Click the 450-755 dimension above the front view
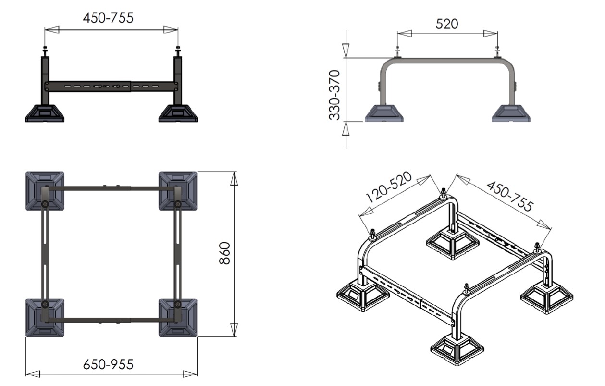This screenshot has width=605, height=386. (108, 18)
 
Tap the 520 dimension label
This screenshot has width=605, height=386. (447, 24)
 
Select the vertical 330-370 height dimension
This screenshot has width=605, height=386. (334, 95)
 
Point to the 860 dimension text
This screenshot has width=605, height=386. (224, 253)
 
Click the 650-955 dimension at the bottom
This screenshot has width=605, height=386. (108, 364)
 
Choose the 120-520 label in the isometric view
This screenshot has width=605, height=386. (389, 187)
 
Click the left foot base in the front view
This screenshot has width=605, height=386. (45, 113)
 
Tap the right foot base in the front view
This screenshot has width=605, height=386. (178, 113)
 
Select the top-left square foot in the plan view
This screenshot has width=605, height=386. (45, 191)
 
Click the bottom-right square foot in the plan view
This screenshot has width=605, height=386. (178, 318)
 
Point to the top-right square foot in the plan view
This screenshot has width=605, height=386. (178, 191)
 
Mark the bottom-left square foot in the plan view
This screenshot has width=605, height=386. (45, 318)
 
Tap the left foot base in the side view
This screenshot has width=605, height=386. (384, 113)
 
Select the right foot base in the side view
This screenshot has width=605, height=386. (511, 113)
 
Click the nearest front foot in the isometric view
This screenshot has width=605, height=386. (457, 350)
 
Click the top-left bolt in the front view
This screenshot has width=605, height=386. (45, 51)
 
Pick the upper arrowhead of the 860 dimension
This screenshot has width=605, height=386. (234, 178)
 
